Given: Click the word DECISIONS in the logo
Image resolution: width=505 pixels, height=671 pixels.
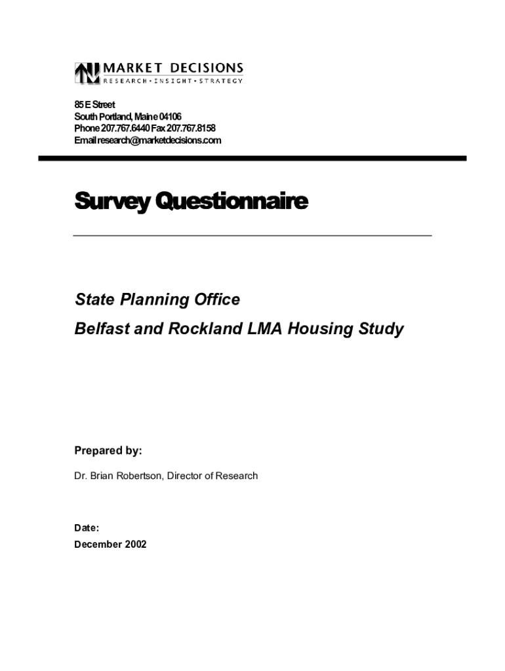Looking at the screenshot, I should point(207,67).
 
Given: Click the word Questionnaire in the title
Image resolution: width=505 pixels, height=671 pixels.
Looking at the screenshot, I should point(229,201).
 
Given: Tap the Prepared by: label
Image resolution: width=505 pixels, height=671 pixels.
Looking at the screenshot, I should point(108,451).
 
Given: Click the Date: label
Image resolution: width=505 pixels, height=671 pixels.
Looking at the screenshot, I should point(87,527).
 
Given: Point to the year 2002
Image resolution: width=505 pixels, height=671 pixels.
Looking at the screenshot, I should point(135,544).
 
